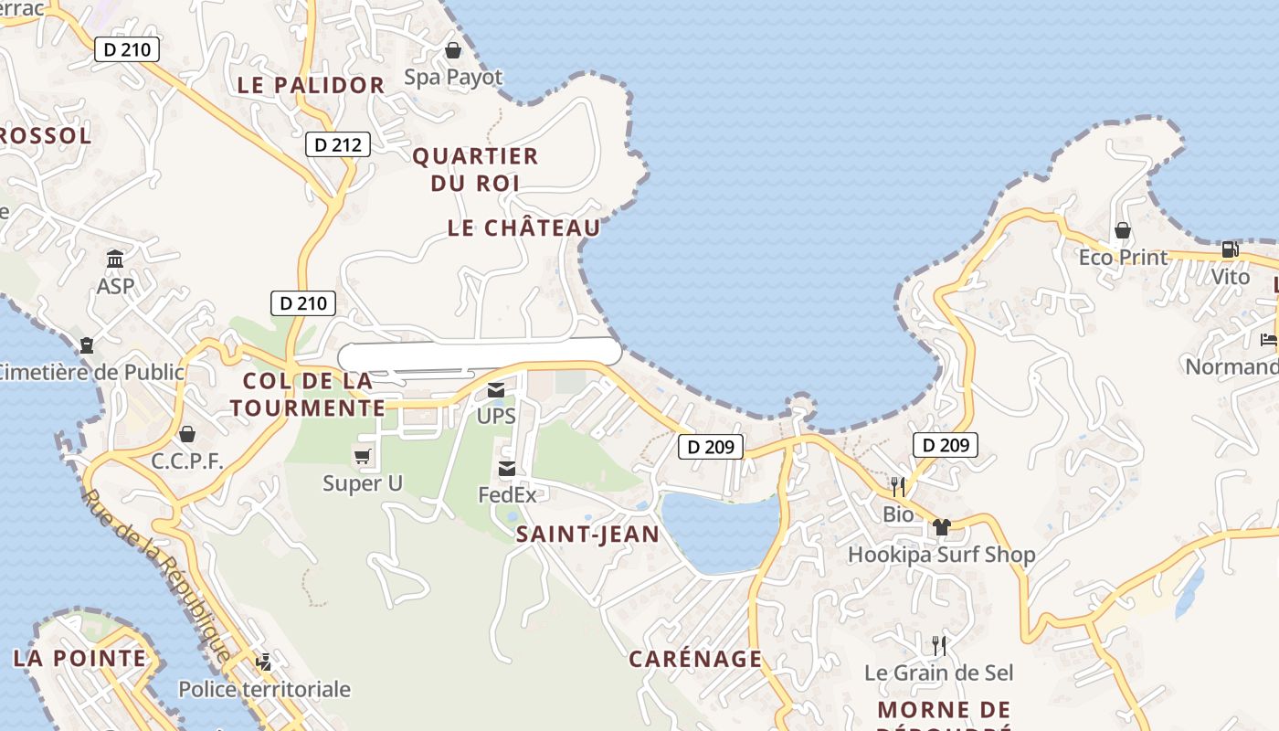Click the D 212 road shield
[337, 144]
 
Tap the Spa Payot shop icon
[452, 50]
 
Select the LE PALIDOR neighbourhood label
[311, 86]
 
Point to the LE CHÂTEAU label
[523, 228]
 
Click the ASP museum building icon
[115, 260]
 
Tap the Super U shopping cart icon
[363, 456]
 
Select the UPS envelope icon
[496, 390]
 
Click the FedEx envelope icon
[507, 469]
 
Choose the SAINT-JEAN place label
[587, 535]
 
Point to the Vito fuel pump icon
[1230, 249]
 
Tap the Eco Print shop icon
[1123, 230]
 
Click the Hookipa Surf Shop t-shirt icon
[941, 527]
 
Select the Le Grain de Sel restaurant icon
[938, 646]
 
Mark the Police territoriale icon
[264, 662]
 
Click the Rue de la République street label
[156, 576]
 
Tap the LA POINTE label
[79, 658]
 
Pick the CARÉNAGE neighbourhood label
[695, 659]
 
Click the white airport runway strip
[480, 352]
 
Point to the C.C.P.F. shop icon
[187, 434]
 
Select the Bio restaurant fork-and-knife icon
[897, 487]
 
